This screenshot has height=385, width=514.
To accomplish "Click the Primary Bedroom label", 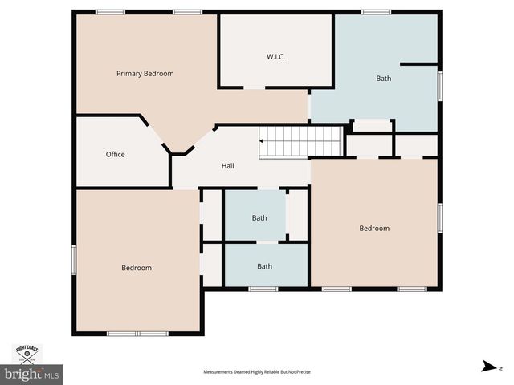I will [145, 74].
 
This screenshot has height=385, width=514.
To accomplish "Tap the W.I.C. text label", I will [275, 56].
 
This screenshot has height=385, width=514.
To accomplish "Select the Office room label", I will [115, 154].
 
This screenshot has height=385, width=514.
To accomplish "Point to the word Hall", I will [228, 166].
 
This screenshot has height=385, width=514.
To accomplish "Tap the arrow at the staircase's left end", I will [262, 140].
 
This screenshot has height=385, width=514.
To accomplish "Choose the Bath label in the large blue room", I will [383, 79].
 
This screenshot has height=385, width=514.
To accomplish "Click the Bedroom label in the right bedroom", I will [373, 229].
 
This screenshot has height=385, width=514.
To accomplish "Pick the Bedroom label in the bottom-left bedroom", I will [137, 268].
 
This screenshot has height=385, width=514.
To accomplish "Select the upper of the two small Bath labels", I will [259, 218].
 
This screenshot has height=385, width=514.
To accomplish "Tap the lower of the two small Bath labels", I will [264, 267].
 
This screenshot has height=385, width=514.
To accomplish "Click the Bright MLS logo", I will [31, 374].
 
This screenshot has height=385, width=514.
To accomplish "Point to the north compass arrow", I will [487, 366].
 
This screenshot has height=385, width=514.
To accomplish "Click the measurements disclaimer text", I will [257, 372].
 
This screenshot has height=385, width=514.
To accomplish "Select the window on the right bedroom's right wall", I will [440, 218].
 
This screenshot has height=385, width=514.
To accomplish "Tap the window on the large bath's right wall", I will [440, 86].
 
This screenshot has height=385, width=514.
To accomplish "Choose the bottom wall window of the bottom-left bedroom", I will [137, 333].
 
